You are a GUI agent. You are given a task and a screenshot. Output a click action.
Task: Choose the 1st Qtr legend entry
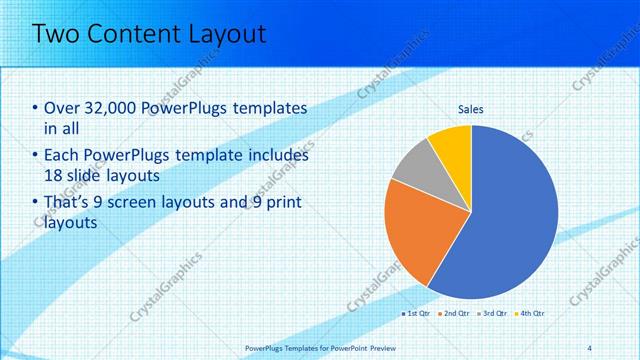coord(416,314)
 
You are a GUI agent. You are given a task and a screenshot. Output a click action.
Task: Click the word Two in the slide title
coord(59,34)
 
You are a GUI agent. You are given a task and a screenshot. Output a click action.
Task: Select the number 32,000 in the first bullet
coord(113,108)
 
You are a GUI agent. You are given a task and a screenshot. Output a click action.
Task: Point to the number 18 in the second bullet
coord(55,176)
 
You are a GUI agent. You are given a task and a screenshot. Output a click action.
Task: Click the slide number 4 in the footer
coord(589,347)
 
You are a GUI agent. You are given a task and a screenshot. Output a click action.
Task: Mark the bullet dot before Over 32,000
coord(36,109)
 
